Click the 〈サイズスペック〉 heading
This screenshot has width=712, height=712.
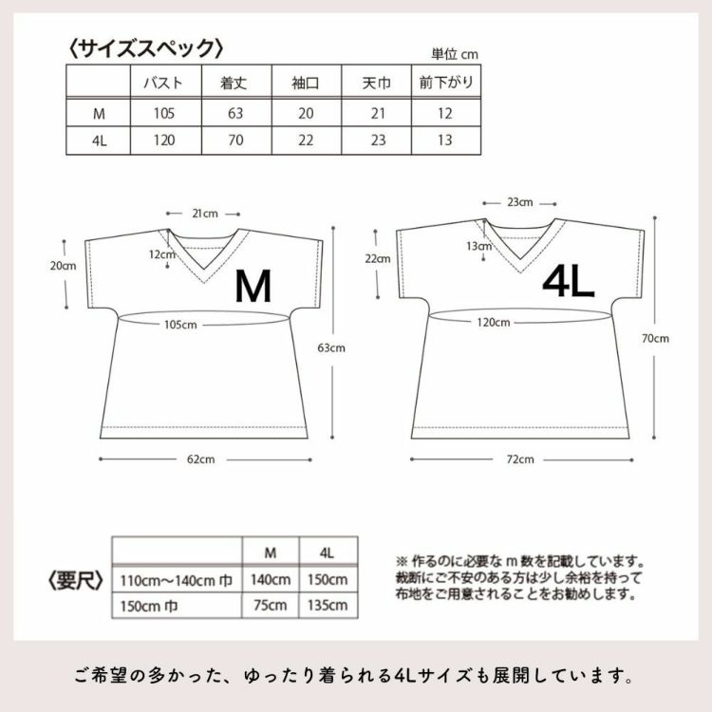click(146, 47)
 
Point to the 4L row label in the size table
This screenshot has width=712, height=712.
click(98, 143)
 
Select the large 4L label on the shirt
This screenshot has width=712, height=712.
click(568, 281)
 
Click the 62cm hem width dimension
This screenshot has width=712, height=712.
click(200, 460)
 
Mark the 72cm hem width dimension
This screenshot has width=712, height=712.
click(519, 459)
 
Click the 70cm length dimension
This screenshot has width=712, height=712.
click(655, 338)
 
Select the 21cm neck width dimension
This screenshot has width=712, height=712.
click(204, 214)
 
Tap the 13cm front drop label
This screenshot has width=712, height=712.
click(479, 246)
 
